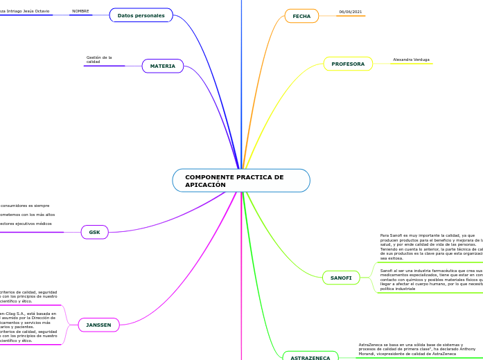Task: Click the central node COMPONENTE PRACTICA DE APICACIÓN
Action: pos(241,181)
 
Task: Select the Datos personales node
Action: pos(141,15)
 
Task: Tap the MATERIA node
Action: pos(163,66)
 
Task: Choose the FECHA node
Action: pos(301,16)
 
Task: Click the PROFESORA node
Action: pos(348,64)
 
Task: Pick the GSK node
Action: pos(95,232)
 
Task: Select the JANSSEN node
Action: pos(98,325)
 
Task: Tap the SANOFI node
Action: pos(341,278)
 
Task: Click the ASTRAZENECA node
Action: pos(310,357)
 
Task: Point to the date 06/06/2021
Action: pos(351,12)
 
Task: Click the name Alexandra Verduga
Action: pos(412,60)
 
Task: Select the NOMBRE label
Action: pos(80,11)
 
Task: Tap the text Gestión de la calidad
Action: pos(99,60)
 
